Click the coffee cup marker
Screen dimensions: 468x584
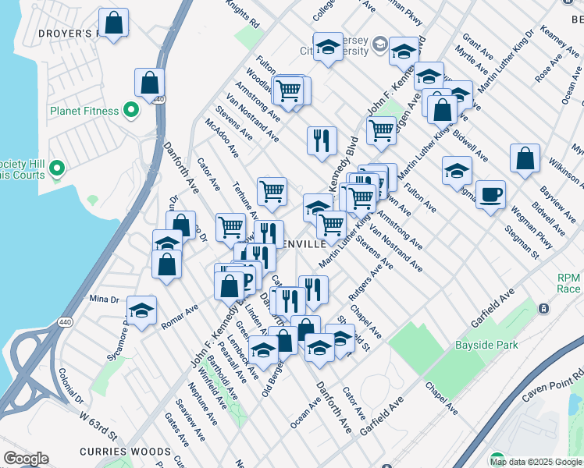point(490,194)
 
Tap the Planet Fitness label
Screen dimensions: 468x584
point(84,111)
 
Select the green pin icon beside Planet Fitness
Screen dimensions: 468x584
point(131,111)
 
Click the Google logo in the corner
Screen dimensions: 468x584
point(26,459)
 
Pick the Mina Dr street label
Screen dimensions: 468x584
point(103,299)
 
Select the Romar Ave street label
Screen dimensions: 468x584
point(180,314)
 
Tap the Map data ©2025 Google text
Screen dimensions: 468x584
point(535,462)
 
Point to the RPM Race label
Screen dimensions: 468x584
point(569,283)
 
